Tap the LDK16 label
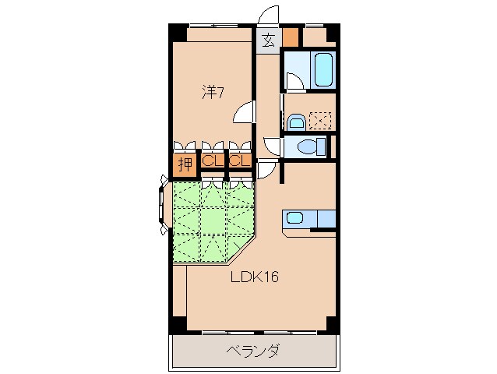pyautogui.click(x=253, y=277)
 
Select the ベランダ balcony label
pyautogui.click(x=253, y=351)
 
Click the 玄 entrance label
pyautogui.click(x=268, y=41)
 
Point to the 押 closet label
pyautogui.click(x=185, y=164)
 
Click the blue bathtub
pyautogui.click(x=323, y=71)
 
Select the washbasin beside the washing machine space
pyautogui.click(x=296, y=121)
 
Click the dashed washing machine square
pyautogui.click(x=320, y=120)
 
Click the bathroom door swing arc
pyautogui.click(x=292, y=81)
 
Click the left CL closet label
pyautogui.click(x=210, y=161)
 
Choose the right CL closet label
pyautogui.click(x=238, y=161)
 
